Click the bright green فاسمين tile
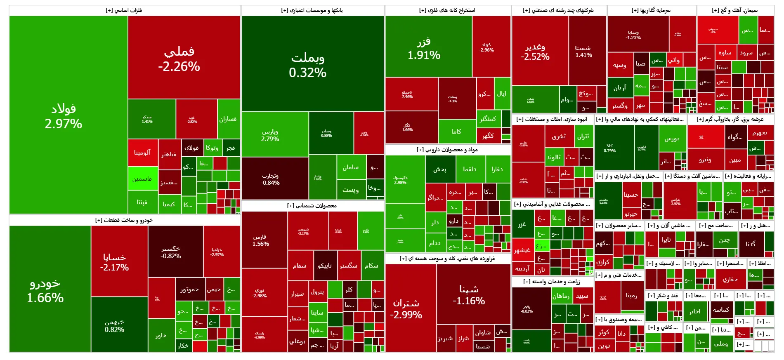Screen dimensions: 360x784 click(142, 179)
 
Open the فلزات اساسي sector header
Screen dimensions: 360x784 click(124, 10)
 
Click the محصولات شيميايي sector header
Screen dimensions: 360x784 click(312, 206)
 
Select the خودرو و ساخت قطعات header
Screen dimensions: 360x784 click(124, 220)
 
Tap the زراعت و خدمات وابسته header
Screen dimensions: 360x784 click(552, 282)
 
